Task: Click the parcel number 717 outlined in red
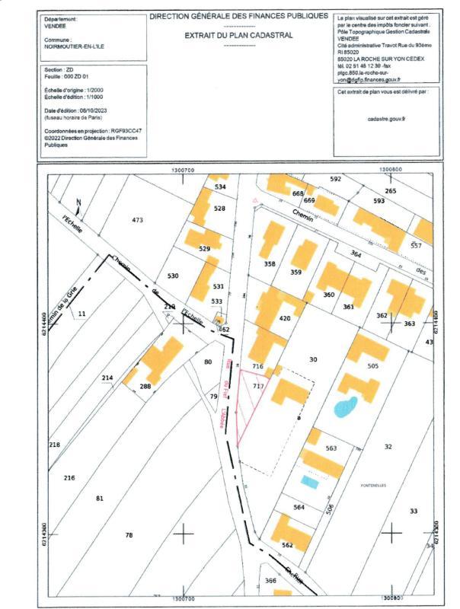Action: tap(258, 387)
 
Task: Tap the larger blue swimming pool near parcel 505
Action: tap(346, 406)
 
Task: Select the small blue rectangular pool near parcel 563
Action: tap(309, 482)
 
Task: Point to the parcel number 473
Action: tap(137, 220)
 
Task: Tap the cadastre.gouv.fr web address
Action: tap(386, 119)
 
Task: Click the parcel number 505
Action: tap(372, 366)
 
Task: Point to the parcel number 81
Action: tap(99, 499)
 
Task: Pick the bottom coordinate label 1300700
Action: tap(184, 599)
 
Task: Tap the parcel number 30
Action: tap(312, 359)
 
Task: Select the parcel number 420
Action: tap(286, 318)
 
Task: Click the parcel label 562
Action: tap(287, 545)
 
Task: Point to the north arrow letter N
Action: tap(79, 202)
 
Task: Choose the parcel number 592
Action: tap(335, 179)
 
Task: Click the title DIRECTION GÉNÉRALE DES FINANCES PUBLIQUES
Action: tap(239, 15)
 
